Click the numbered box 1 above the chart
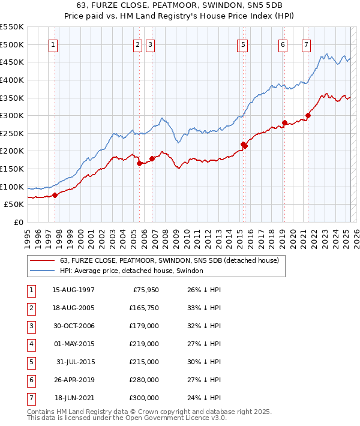[53, 44]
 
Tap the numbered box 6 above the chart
[283, 44]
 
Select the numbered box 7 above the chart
[306, 44]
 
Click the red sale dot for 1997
[55, 195]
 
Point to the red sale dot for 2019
[284, 123]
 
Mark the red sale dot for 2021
[308, 116]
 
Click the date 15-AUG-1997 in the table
[73, 290]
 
